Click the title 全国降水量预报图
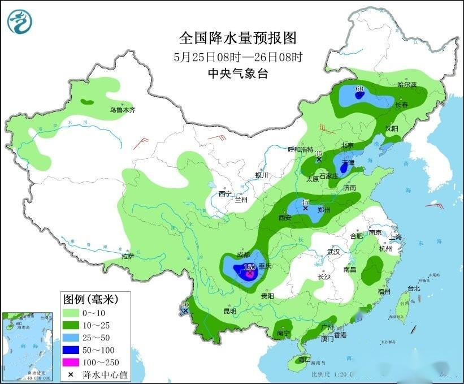click(237, 38)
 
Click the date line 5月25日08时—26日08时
click(237, 57)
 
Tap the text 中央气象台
click(237, 72)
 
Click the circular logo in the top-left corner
click(20, 21)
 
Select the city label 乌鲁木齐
click(123, 110)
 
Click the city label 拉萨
click(128, 256)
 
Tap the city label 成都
click(244, 255)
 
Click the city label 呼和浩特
click(301, 149)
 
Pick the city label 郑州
click(324, 209)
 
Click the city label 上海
click(395, 237)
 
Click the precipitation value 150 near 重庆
click(249, 267)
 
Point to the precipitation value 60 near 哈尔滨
click(359, 89)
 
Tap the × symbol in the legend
click(71, 374)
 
